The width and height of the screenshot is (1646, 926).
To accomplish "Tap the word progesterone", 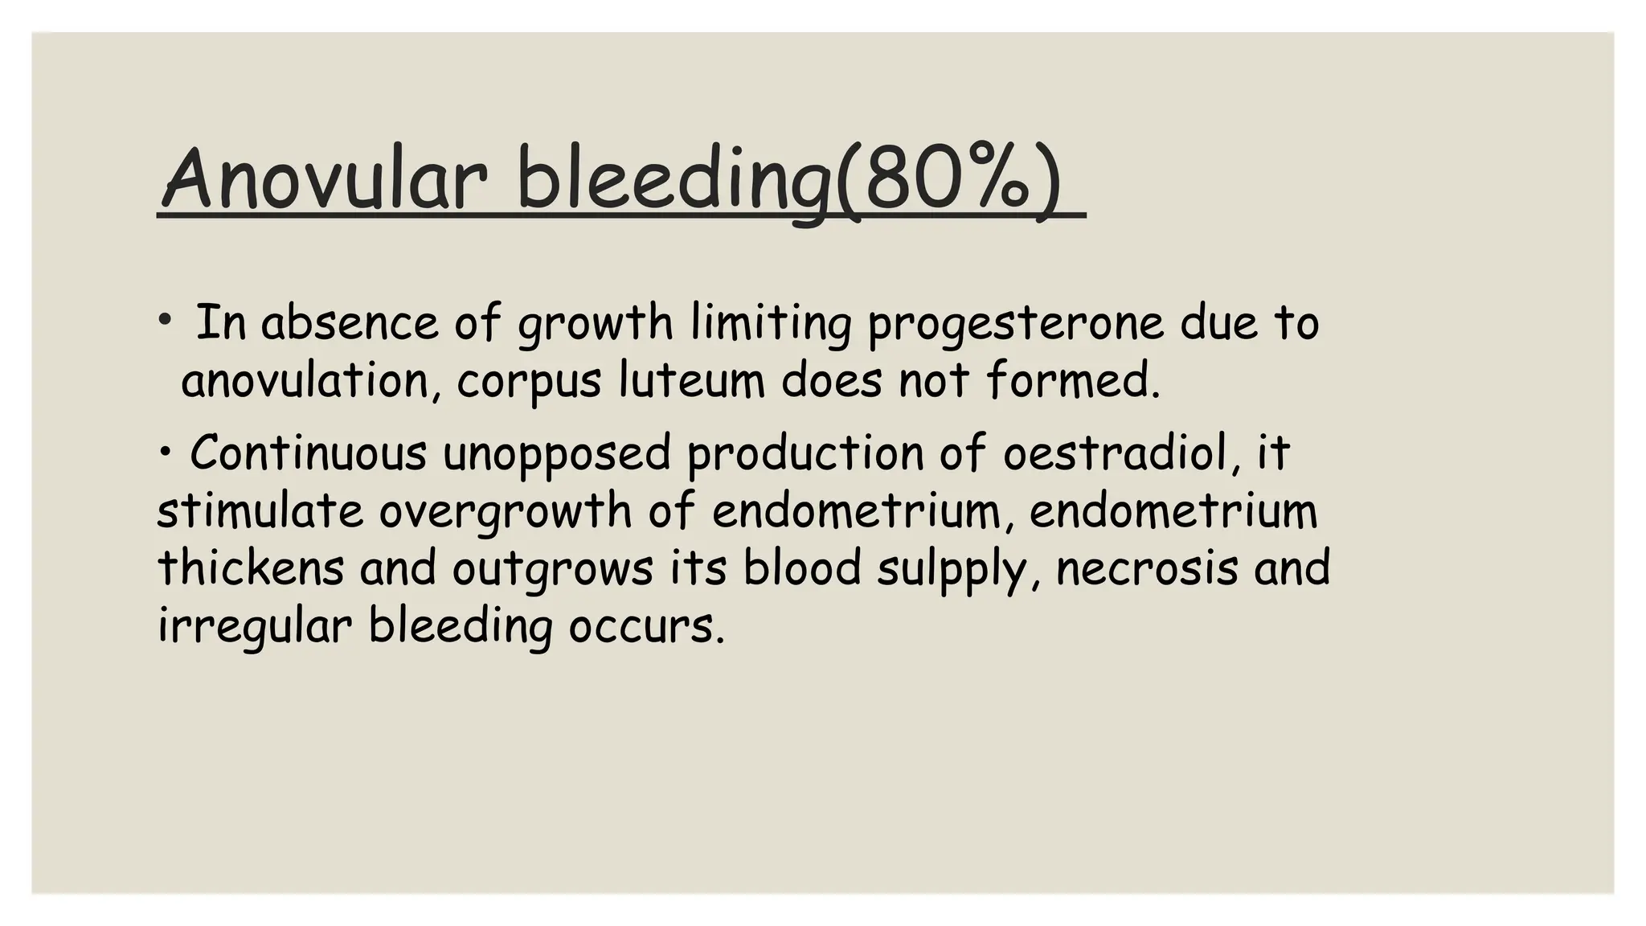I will (1015, 324).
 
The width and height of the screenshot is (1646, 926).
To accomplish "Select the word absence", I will (350, 323).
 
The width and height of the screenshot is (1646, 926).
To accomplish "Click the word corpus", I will (529, 381).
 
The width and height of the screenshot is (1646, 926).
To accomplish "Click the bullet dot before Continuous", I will (165, 452).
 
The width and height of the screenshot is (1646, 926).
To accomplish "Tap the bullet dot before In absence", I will (165, 321).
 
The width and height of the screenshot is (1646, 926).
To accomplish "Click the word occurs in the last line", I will (647, 627).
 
